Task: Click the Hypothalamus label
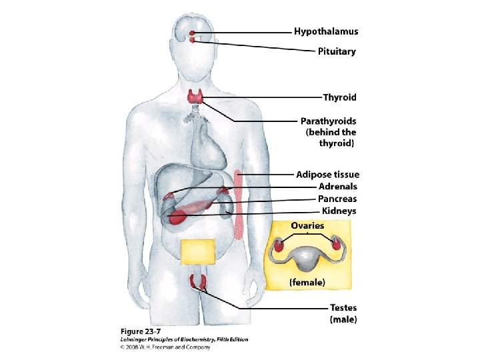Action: point(326,31)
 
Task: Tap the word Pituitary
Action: point(337,51)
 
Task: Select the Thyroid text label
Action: point(339,97)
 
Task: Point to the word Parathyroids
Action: point(328,121)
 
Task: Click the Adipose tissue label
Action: point(327,175)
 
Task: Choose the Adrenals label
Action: point(337,187)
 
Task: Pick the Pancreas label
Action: point(337,199)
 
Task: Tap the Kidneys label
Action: point(339,211)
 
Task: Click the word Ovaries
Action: point(307,225)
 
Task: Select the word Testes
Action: point(343,308)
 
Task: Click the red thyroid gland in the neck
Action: point(195,97)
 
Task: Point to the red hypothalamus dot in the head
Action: point(192,33)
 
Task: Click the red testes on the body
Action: point(197,281)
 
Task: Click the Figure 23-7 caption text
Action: point(139,331)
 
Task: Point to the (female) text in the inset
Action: point(307,283)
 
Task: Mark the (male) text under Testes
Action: point(343,320)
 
